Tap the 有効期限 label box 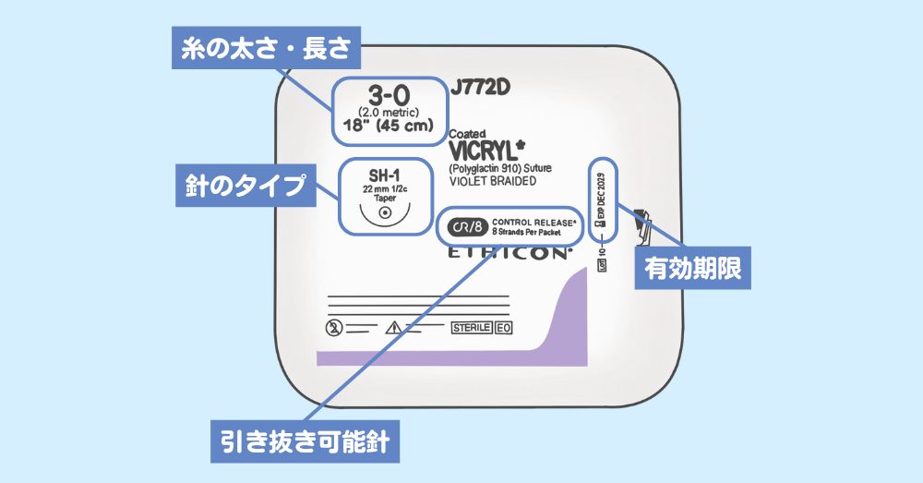[692, 270]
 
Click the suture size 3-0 [388, 93]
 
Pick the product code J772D [480, 88]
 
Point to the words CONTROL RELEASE [533, 223]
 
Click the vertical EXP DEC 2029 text [602, 199]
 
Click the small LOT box [602, 266]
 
